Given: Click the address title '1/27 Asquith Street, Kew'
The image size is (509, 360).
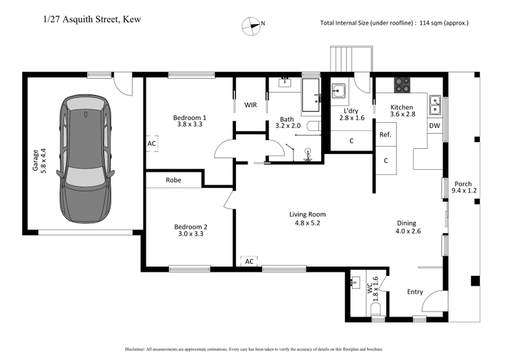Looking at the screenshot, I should (x=92, y=19).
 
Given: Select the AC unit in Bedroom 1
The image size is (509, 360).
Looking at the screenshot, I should (x=151, y=144).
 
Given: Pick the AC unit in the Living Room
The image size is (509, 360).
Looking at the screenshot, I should (x=249, y=261).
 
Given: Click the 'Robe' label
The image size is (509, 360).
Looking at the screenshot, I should (x=174, y=180).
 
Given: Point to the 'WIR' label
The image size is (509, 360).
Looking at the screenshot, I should (x=251, y=105).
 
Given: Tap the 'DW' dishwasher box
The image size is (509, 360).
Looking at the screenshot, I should (x=435, y=126).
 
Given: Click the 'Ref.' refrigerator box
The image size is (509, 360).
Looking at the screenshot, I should (x=385, y=135).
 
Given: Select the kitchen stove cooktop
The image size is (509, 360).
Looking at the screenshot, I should (x=402, y=81).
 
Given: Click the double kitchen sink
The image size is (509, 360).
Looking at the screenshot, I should (x=436, y=101).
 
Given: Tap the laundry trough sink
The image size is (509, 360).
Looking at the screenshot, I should (x=338, y=91).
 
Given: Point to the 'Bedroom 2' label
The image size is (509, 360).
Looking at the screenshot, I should (x=191, y=226).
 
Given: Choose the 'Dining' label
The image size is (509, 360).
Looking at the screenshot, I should (x=407, y=223).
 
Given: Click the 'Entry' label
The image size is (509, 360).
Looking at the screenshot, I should (x=415, y=292).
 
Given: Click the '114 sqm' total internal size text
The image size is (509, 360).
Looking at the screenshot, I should (x=431, y=24).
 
